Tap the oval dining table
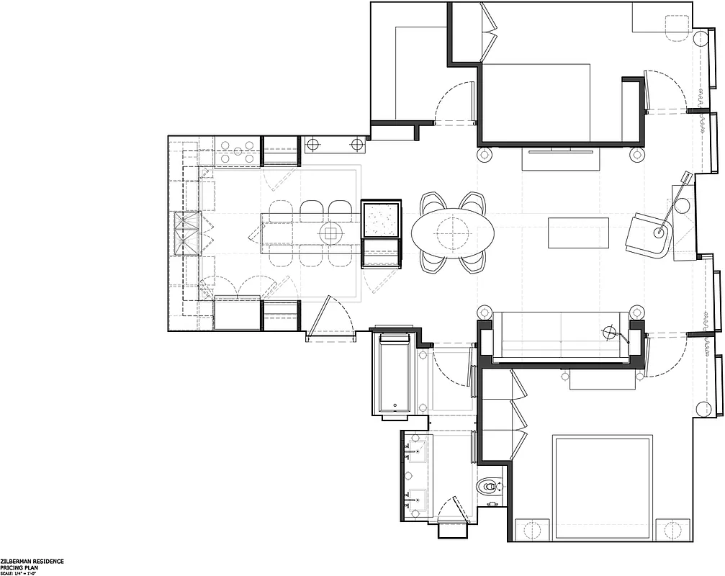[453, 233]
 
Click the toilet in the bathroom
[490, 487]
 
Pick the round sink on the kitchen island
[332, 233]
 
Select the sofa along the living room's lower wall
[560, 336]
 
